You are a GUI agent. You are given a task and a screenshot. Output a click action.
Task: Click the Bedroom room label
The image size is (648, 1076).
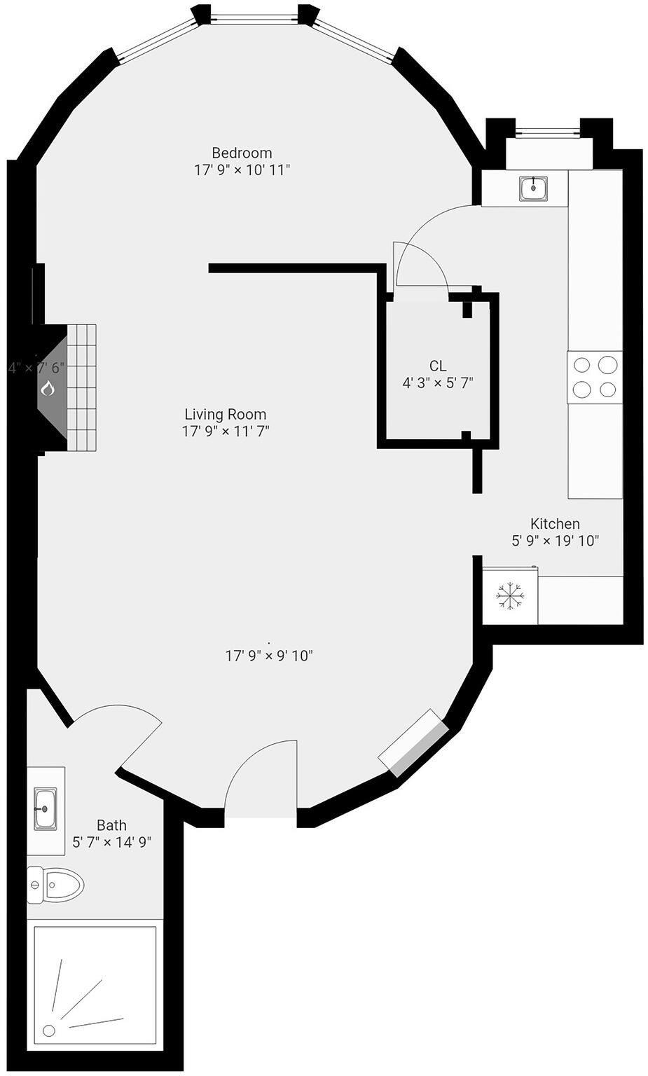click(x=242, y=153)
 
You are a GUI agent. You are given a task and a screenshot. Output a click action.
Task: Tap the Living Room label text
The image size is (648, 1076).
click(x=225, y=414)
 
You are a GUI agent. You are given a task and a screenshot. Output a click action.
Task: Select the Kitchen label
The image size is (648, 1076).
click(x=555, y=523)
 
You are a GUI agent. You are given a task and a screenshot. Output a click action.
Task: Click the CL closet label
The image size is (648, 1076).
click(x=438, y=366)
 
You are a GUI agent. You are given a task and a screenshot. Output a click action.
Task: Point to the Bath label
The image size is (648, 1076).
click(x=111, y=825)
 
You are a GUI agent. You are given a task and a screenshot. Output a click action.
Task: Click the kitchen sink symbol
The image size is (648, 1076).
click(x=534, y=188)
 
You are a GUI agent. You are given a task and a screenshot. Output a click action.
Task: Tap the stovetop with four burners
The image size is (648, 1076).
click(x=594, y=377)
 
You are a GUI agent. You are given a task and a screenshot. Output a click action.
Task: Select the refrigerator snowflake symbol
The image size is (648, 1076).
click(x=510, y=596)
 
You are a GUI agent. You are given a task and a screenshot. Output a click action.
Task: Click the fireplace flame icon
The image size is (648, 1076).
click(x=48, y=387)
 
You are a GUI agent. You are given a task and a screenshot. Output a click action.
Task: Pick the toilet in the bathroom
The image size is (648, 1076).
click(x=56, y=884)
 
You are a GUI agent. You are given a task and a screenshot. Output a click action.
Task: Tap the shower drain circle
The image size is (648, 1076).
click(x=49, y=1030)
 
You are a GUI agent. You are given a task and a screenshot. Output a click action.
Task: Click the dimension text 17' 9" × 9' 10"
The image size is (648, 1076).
click(x=268, y=656)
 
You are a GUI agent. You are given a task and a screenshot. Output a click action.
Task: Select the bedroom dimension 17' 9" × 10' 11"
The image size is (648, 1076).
click(x=242, y=170)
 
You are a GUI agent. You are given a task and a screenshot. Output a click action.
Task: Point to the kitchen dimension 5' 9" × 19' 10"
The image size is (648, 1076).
click(x=555, y=541)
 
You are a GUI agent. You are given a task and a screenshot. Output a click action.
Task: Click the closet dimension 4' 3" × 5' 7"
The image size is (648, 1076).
click(x=438, y=383)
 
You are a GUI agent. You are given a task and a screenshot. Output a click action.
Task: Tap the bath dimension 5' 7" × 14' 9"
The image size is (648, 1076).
click(x=112, y=842)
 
